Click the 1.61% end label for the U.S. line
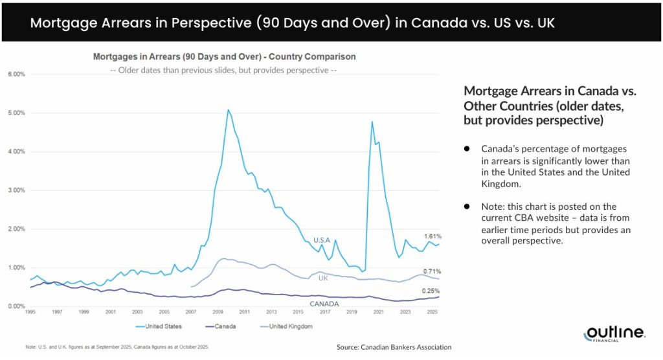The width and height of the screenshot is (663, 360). click(x=432, y=236)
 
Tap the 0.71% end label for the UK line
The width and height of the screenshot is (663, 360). click(x=432, y=271)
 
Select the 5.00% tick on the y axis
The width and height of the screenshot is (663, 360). click(x=16, y=113)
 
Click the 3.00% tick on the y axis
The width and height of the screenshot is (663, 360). click(x=16, y=190)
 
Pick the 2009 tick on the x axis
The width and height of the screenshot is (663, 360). click(x=218, y=312)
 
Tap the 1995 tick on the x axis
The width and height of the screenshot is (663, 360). click(x=30, y=312)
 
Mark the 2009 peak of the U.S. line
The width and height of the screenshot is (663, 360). click(x=228, y=110)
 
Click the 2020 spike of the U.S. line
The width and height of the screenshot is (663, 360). click(x=372, y=122)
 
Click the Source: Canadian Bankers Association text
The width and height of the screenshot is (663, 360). click(x=394, y=348)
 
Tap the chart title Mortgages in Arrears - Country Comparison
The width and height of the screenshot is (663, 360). click(x=224, y=57)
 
